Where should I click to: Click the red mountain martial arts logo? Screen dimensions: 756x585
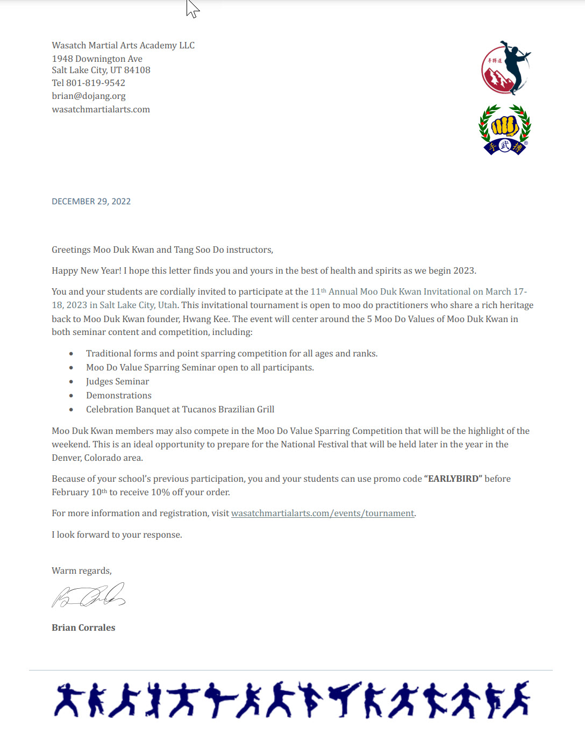505,69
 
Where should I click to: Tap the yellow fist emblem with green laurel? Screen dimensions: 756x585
504,129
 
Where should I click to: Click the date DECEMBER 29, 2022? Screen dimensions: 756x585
91,202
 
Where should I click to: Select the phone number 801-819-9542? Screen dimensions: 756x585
96,83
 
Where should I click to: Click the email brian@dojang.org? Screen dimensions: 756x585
89,96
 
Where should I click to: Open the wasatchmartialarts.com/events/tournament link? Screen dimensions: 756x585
323,513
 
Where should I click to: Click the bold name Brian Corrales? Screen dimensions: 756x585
83,627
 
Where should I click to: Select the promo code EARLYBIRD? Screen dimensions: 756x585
453,479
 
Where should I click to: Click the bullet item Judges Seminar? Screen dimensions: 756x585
117,382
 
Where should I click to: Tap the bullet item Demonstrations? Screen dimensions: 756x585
119,396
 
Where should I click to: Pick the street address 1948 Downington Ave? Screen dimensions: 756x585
97,59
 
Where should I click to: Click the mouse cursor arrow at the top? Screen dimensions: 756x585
191,8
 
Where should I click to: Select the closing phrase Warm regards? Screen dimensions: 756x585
82,571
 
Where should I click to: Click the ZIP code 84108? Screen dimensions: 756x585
137,70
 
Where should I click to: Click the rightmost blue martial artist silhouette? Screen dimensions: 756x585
517,700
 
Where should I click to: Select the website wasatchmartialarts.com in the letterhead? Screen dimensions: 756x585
101,110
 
